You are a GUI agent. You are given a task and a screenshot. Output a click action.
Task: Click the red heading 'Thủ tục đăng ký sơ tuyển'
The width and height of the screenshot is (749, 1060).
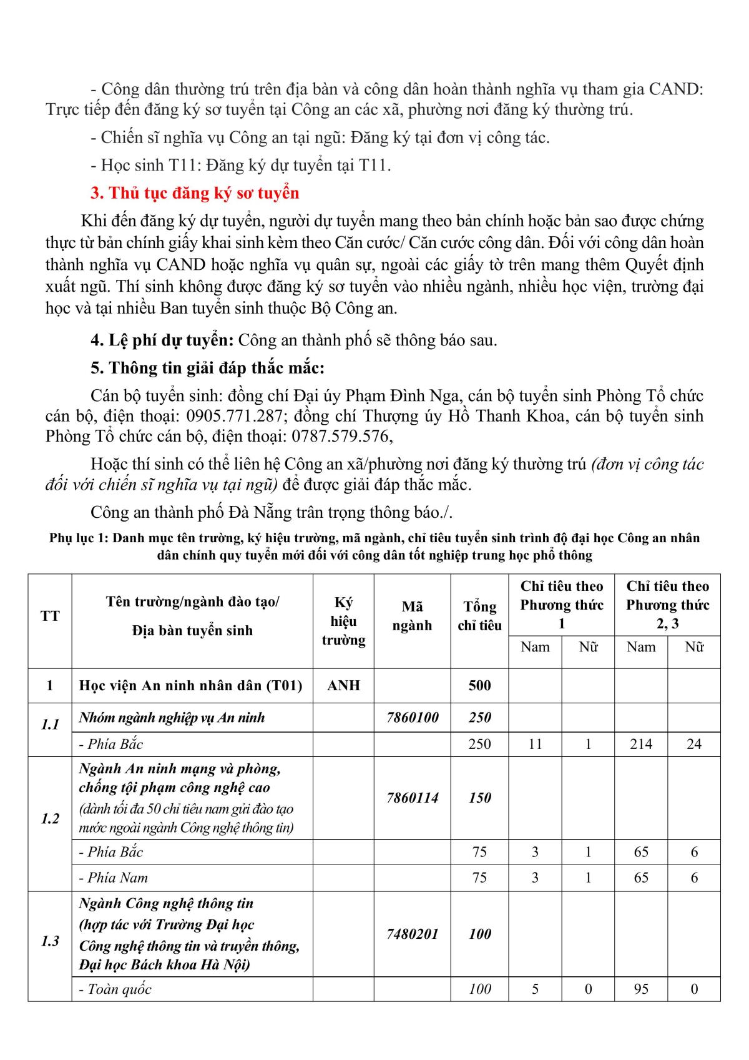coord(195,193)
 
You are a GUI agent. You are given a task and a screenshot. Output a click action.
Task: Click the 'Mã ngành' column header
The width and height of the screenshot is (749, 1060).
coord(412,616)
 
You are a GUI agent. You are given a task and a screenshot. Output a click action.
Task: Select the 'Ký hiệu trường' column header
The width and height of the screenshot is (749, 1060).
coord(343,621)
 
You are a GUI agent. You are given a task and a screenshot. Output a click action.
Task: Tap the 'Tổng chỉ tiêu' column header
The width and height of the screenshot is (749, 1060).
coord(479,616)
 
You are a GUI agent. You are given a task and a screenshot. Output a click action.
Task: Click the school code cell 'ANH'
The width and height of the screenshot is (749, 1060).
coord(343,685)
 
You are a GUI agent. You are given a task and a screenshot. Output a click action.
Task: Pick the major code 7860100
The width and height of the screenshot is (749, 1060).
coord(412,718)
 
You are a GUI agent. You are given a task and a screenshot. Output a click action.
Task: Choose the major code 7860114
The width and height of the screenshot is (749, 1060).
coord(412,798)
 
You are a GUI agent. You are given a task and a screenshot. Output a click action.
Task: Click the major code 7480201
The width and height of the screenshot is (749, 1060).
coord(412,934)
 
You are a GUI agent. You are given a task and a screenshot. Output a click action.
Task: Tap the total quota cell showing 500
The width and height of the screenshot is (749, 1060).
coord(479,685)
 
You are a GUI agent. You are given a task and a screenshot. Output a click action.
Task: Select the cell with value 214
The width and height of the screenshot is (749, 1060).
coord(641,744)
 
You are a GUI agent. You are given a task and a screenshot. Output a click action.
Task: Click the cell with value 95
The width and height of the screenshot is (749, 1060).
coord(641,989)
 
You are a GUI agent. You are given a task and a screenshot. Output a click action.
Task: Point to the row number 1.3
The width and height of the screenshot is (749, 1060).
coord(50,941)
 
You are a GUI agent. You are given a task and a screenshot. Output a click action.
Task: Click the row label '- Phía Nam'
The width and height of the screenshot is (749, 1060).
coord(114,878)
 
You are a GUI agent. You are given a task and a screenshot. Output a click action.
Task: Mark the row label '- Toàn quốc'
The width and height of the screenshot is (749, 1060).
coord(115,989)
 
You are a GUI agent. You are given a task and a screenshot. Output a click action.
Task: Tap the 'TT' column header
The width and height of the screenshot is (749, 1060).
coord(50,616)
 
